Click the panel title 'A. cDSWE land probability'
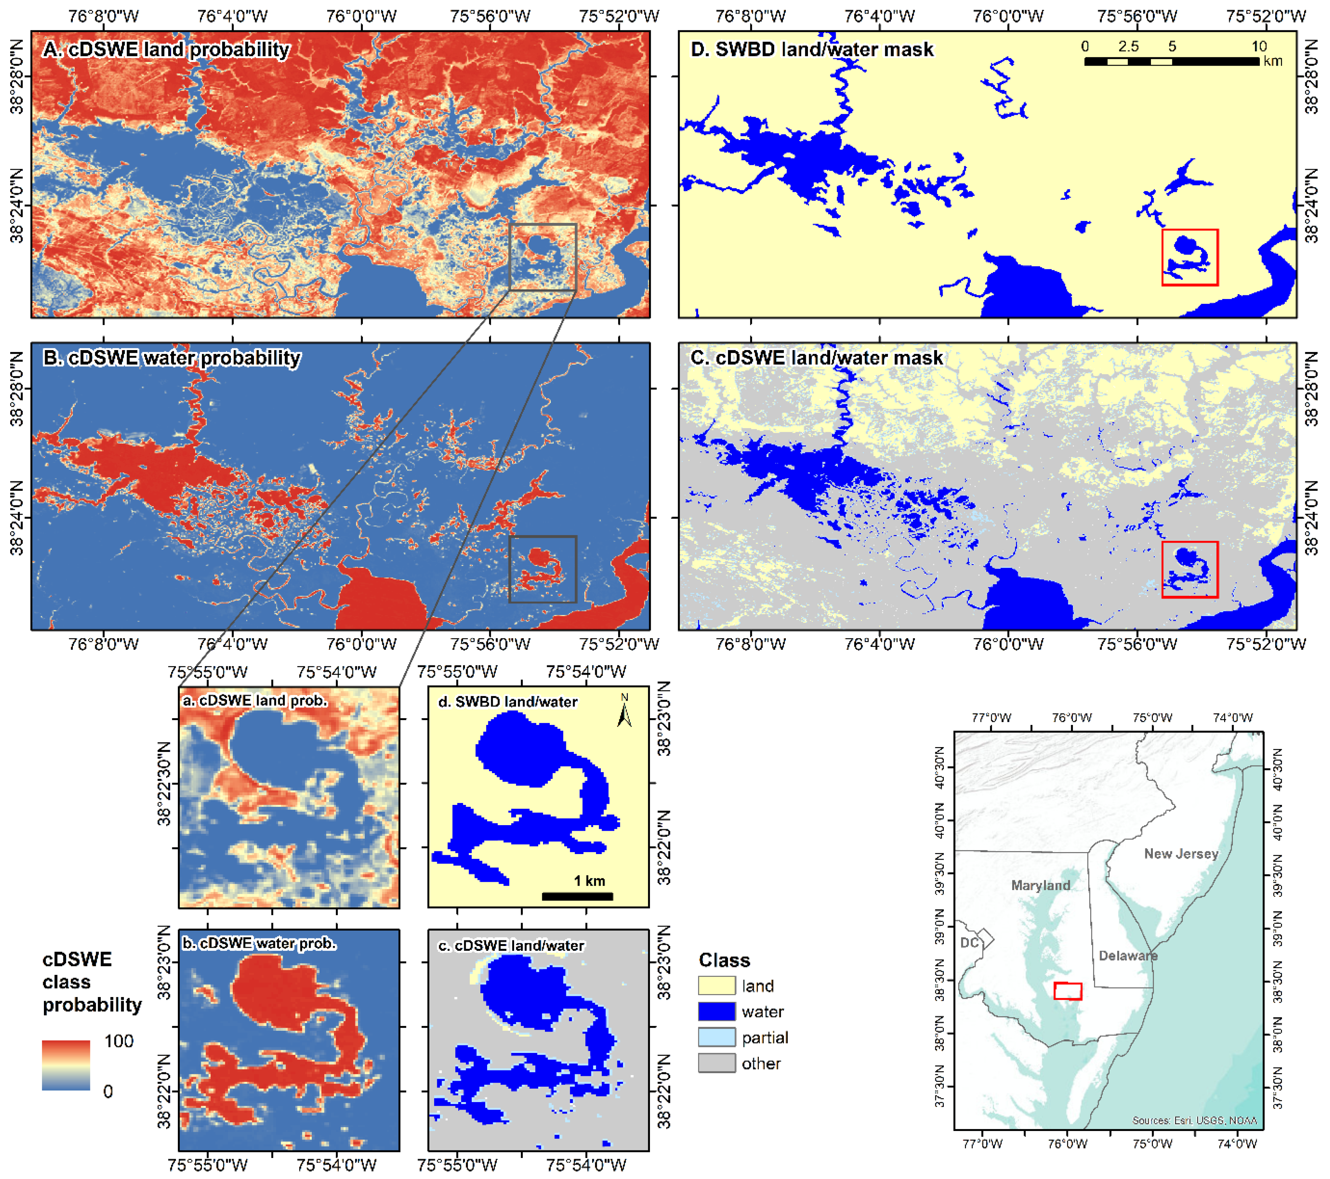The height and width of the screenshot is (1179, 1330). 166,50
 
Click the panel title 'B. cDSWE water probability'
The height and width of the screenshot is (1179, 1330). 172,358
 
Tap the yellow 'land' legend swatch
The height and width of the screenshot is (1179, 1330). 716,986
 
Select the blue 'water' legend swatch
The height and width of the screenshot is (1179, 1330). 716,1012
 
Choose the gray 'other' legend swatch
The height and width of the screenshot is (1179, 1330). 716,1063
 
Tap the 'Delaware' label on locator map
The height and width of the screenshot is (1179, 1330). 1128,956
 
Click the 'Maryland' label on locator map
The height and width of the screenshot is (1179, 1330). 1040,886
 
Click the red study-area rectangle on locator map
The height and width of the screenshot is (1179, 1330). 1067,991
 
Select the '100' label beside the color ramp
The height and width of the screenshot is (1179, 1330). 119,1041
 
